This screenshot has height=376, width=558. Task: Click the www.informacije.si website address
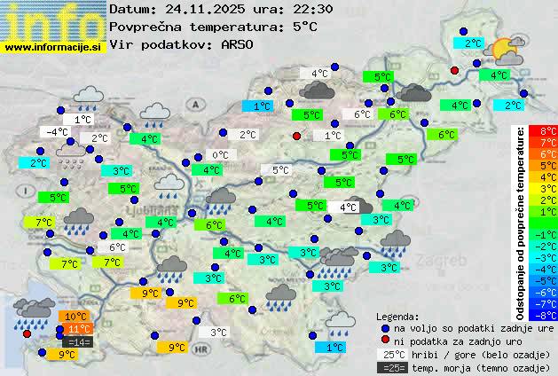(x=54, y=46)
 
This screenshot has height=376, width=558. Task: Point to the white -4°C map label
(x=58, y=132)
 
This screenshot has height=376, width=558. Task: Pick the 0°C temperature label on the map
(x=220, y=155)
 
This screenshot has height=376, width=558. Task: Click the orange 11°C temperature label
(x=78, y=329)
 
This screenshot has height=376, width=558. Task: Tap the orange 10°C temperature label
(x=75, y=317)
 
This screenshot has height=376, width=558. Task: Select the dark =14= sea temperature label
(x=78, y=341)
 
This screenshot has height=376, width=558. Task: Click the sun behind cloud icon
(x=507, y=51)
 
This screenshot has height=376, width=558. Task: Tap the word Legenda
(x=398, y=316)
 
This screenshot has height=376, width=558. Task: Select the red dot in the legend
(x=385, y=341)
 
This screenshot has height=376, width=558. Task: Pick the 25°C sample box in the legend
(x=391, y=355)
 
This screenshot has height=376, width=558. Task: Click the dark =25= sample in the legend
(x=391, y=367)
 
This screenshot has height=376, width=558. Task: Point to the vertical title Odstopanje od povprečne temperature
(x=521, y=222)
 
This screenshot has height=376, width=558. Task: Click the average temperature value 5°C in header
(x=304, y=27)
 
